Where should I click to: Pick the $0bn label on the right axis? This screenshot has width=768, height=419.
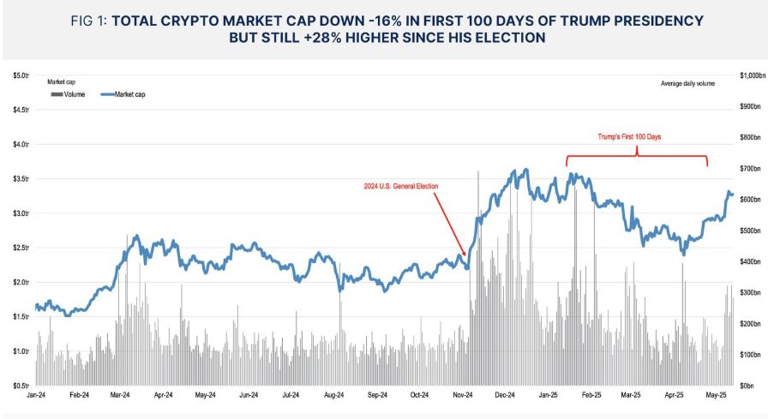click(x=747, y=386)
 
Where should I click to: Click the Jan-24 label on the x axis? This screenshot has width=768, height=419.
click(x=36, y=396)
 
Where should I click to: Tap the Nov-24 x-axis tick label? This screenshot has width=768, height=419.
click(x=463, y=396)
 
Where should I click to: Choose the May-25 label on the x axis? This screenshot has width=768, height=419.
click(x=717, y=396)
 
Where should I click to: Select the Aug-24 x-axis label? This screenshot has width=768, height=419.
click(x=334, y=396)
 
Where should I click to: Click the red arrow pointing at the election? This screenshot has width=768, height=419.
click(x=449, y=223)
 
